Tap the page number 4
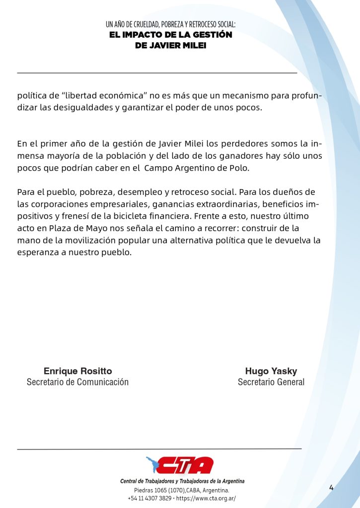click(331, 488)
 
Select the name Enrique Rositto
click(78, 371)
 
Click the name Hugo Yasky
click(271, 371)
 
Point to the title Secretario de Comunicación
click(77, 382)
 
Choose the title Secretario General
click(271, 382)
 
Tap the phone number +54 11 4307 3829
click(149, 498)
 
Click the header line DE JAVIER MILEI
click(170, 46)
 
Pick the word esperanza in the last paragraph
click(39, 252)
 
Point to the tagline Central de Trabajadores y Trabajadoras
click(182, 481)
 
